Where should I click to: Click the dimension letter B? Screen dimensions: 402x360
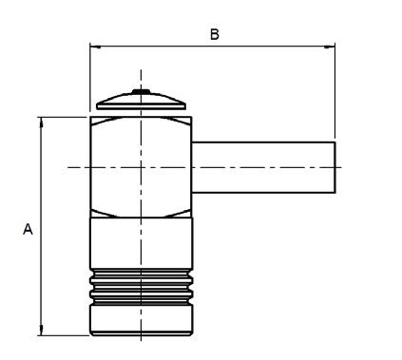click(x=215, y=34)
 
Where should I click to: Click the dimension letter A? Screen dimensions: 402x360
click(x=28, y=229)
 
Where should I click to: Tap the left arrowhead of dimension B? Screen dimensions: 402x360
click(x=95, y=47)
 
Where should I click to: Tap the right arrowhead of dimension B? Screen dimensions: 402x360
click(x=330, y=47)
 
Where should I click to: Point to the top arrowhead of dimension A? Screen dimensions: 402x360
click(x=41, y=123)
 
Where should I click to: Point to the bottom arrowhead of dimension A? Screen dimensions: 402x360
click(x=41, y=330)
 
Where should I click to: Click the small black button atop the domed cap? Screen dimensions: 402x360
click(x=141, y=91)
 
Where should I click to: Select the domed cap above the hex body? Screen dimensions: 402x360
click(x=141, y=100)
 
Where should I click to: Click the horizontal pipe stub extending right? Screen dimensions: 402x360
click(x=263, y=167)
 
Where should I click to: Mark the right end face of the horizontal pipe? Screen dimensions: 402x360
click(x=335, y=167)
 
